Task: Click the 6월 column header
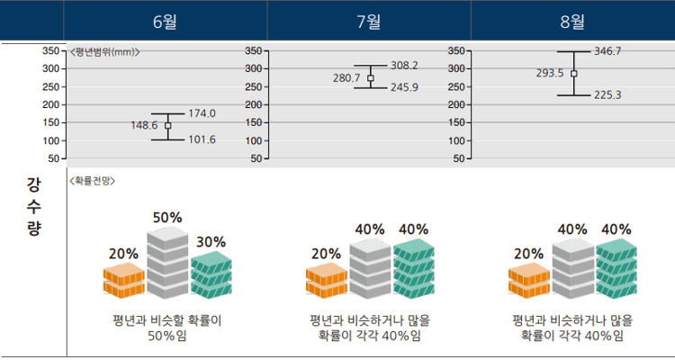pyautogui.click(x=166, y=20)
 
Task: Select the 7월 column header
pyautogui.click(x=370, y=20)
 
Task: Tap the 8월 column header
pyautogui.click(x=572, y=20)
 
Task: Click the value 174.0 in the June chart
pyautogui.click(x=202, y=113)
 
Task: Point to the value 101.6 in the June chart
pyautogui.click(x=202, y=139)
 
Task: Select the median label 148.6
pyautogui.click(x=144, y=126)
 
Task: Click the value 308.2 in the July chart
pyautogui.click(x=404, y=65)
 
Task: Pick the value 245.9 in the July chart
pyautogui.click(x=404, y=87)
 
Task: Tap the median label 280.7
pyautogui.click(x=346, y=78)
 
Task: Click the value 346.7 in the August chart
pyautogui.click(x=607, y=51)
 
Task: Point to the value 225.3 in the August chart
pyautogui.click(x=607, y=94)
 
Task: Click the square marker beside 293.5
pyautogui.click(x=573, y=74)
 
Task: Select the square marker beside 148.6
pyautogui.click(x=167, y=126)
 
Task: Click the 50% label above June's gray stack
pyautogui.click(x=167, y=218)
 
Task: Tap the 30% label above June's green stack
pyautogui.click(x=211, y=242)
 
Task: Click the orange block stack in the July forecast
pyautogui.click(x=326, y=280)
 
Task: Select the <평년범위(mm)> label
pyautogui.click(x=104, y=52)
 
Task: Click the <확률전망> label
pyautogui.click(x=91, y=180)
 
